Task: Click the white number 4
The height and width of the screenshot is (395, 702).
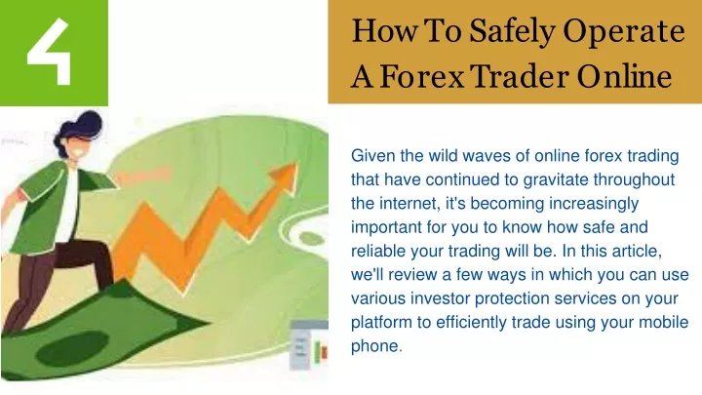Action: (x=50, y=52)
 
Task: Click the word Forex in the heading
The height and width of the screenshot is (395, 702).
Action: (x=422, y=76)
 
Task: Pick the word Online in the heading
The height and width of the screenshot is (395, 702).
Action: (x=624, y=76)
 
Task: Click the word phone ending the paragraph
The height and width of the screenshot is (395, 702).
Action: (x=376, y=346)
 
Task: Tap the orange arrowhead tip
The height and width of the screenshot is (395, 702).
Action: (x=296, y=164)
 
